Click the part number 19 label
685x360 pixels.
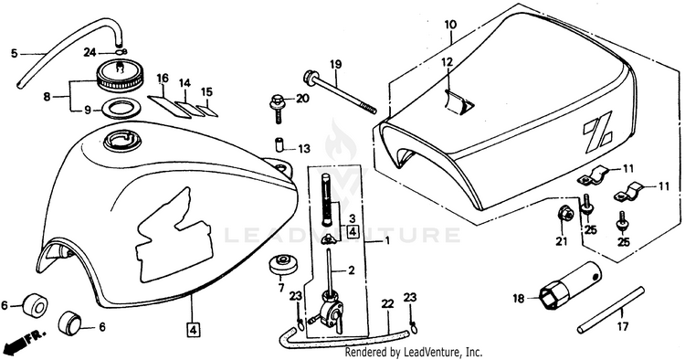[x=335, y=65]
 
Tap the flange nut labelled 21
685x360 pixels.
[x=564, y=214]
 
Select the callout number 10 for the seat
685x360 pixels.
[x=450, y=25]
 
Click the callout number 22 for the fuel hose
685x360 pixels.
[x=387, y=303]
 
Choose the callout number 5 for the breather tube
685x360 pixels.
[x=14, y=54]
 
